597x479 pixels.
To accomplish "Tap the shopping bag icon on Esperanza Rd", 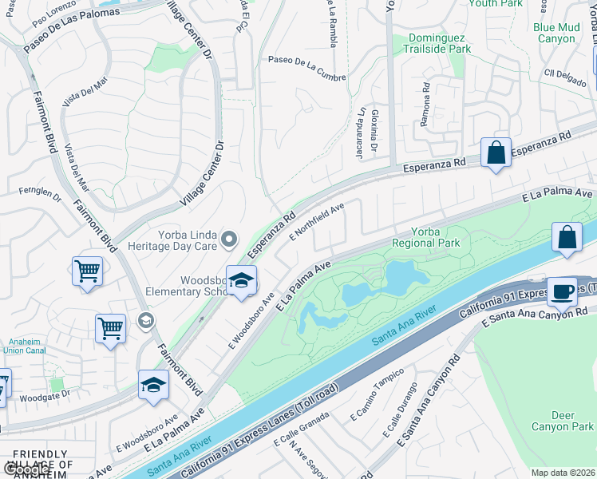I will click(496, 152).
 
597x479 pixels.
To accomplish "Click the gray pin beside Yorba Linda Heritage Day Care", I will click(230, 239).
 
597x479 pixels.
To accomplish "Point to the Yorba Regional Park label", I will click(426, 236).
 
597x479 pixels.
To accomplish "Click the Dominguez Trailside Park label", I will click(440, 43).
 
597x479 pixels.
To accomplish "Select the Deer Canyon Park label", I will click(573, 421).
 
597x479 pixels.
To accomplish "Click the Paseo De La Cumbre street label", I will click(307, 59).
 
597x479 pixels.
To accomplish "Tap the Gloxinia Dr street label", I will click(374, 131).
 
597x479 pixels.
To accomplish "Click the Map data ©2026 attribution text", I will click(563, 473).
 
